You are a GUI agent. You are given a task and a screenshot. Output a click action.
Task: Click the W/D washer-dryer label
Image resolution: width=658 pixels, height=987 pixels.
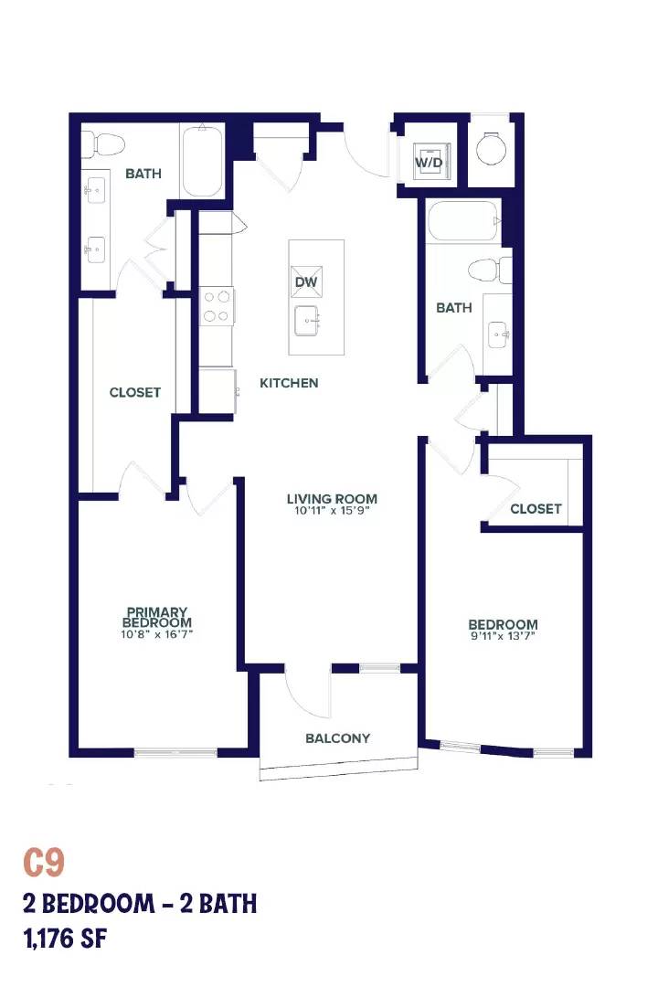click(x=429, y=163)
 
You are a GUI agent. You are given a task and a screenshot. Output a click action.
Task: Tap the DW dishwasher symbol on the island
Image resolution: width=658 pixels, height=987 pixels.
click(x=307, y=281)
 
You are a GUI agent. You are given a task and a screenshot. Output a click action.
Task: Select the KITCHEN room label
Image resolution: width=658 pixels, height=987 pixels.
click(x=289, y=383)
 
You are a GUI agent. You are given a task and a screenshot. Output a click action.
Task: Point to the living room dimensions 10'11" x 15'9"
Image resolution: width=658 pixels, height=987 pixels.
click(x=332, y=511)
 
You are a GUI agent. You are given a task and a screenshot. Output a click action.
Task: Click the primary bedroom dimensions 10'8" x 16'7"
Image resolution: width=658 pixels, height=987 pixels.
click(x=157, y=634)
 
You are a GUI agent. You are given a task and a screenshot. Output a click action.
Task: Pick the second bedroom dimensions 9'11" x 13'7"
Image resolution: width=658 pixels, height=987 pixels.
click(x=503, y=636)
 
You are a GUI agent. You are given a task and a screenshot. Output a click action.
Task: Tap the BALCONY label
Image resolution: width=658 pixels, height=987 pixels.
click(x=337, y=738)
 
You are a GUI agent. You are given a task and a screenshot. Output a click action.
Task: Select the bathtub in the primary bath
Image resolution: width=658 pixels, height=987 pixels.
click(x=202, y=161)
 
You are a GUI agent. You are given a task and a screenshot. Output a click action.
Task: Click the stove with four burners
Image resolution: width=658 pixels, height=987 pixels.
click(x=217, y=306)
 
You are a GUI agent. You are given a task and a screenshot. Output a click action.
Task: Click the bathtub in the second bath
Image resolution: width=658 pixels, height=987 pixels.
click(x=464, y=221)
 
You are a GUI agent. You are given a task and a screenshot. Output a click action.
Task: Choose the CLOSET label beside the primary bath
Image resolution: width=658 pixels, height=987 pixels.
click(x=135, y=392)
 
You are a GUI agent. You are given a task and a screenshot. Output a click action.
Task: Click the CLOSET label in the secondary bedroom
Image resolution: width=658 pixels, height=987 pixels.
click(x=536, y=509)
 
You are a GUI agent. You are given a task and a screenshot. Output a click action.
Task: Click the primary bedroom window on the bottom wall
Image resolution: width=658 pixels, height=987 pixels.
click(x=175, y=751)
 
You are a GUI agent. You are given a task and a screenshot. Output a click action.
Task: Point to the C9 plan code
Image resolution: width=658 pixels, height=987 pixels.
click(x=44, y=863)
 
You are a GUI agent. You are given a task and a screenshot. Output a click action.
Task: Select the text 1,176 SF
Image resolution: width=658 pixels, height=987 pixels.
click(x=66, y=939)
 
